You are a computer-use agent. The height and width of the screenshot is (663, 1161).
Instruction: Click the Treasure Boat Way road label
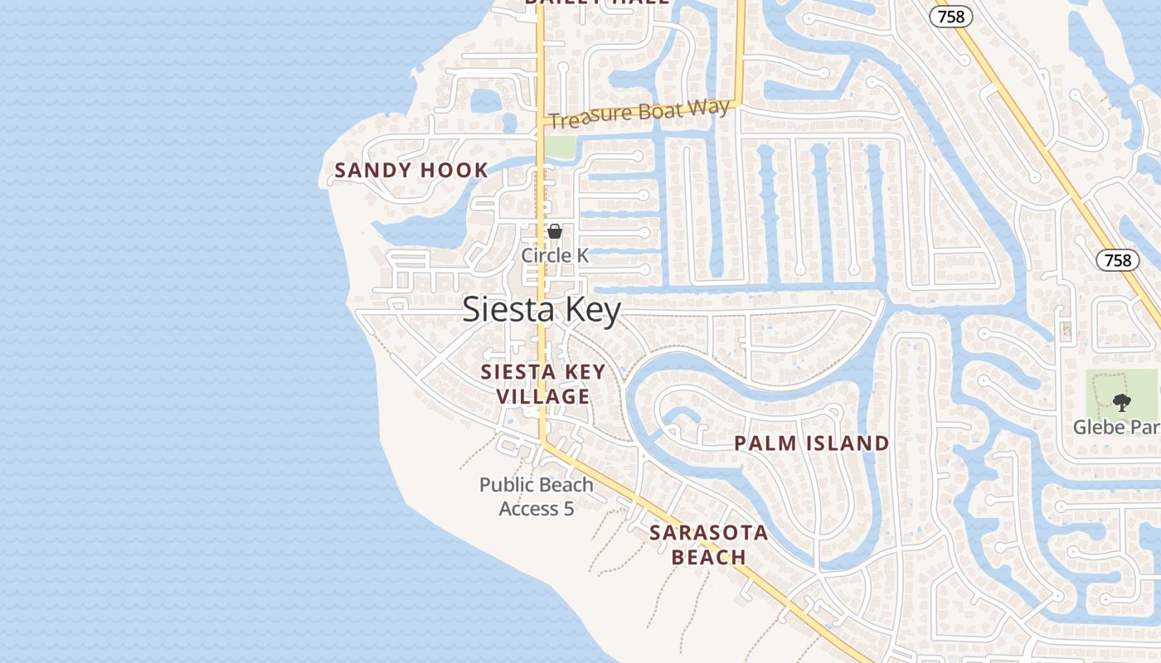[x=639, y=114]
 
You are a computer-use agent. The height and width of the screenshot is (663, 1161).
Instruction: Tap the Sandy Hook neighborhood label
[x=411, y=171]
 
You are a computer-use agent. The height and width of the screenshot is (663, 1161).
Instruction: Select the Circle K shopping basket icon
[x=555, y=231]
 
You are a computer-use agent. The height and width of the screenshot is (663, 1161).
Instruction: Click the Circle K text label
[x=555, y=255]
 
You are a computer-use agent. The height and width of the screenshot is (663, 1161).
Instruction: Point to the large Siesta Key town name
[x=541, y=310]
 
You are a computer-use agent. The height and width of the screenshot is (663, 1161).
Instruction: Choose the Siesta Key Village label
[x=543, y=384]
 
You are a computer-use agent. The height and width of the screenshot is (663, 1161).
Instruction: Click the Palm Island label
[x=811, y=443]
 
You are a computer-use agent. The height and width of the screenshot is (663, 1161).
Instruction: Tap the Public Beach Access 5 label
[x=537, y=496]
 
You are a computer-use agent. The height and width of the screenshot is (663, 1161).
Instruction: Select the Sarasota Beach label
[x=708, y=544]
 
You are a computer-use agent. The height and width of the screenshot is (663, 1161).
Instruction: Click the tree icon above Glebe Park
[x=1121, y=403]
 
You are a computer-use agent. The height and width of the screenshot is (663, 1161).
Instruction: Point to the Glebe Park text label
[x=1115, y=427]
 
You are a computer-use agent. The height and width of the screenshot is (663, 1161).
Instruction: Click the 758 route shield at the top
[x=950, y=16]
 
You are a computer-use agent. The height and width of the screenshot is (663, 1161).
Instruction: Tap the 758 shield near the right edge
[x=1118, y=260]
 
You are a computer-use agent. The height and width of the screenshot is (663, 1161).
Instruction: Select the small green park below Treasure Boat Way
[x=560, y=147]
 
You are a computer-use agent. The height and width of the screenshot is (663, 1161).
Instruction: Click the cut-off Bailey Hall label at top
[x=597, y=2]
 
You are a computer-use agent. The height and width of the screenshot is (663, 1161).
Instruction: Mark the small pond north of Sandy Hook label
[x=486, y=101]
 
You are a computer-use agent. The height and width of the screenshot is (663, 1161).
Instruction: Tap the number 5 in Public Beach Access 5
[x=568, y=508]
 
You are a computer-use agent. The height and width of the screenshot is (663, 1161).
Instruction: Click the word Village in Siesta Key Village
[x=543, y=396]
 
